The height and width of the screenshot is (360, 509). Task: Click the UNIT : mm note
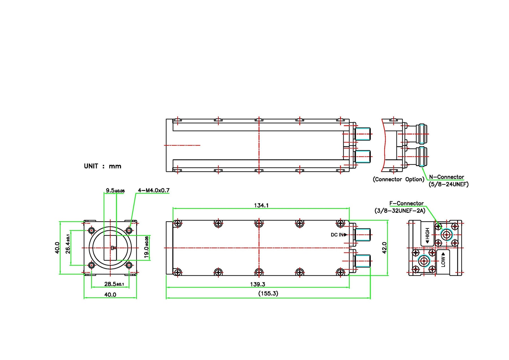pyautogui.click(x=102, y=166)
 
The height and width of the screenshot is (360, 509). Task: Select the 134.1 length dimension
pyautogui.click(x=261, y=205)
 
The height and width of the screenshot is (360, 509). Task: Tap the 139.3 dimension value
pyautogui.click(x=257, y=284)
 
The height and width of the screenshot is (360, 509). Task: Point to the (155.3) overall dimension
pyautogui.click(x=268, y=293)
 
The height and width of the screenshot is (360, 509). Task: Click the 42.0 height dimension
pyautogui.click(x=384, y=248)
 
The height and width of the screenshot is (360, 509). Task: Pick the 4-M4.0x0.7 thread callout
pyautogui.click(x=154, y=190)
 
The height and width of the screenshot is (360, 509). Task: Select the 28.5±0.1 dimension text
pyautogui.click(x=114, y=284)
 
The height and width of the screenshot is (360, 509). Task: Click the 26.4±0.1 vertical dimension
pyautogui.click(x=68, y=244)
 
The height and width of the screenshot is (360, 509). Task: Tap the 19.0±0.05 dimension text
pyautogui.click(x=146, y=247)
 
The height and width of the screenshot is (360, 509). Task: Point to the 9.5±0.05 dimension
pyautogui.click(x=115, y=190)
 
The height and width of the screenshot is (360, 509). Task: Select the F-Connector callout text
pyautogui.click(x=406, y=203)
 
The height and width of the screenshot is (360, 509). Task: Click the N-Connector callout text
pyautogui.click(x=447, y=177)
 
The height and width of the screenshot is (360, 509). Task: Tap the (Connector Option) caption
pyautogui.click(x=398, y=179)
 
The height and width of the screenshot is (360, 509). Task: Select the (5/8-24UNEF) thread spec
pyautogui.click(x=448, y=184)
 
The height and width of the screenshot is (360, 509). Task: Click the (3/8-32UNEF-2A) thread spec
pyautogui.click(x=400, y=211)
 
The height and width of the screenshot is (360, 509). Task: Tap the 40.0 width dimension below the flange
pyautogui.click(x=110, y=295)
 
